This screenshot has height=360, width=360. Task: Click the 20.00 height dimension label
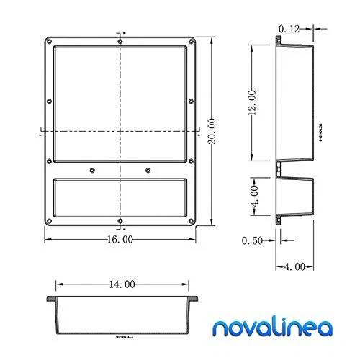pyautogui.click(x=210, y=130)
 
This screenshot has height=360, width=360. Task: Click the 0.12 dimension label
pyautogui.click(x=287, y=28)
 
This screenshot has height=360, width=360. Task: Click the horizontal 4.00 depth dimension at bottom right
pyautogui.click(x=294, y=267)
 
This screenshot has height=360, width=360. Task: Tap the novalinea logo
pyautogui.click(x=272, y=328)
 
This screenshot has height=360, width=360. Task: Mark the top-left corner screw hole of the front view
pyautogui.click(x=48, y=40)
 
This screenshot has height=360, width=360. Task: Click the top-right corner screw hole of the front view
pyautogui.click(x=191, y=40)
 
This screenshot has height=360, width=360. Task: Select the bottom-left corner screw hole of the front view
pyautogui.click(x=48, y=220)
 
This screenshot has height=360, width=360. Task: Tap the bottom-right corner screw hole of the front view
pyautogui.click(x=191, y=220)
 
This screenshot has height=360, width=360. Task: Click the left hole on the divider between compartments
pyautogui.click(x=92, y=170)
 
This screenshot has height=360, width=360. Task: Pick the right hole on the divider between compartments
pyautogui.click(x=148, y=170)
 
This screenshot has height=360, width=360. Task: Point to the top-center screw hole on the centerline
pyautogui.click(x=120, y=40)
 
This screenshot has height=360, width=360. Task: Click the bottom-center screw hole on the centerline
pyautogui.click(x=120, y=220)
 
